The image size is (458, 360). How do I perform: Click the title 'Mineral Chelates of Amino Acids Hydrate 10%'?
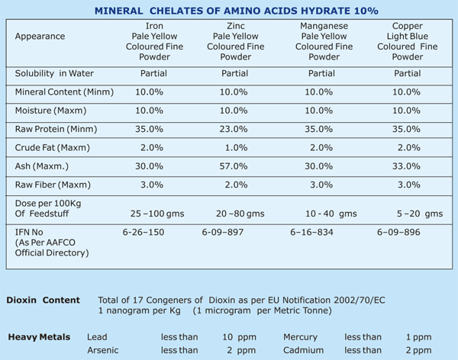pos(231,11)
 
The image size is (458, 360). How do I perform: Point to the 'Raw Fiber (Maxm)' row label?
pos(53,185)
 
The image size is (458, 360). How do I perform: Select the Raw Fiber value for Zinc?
pos(235,185)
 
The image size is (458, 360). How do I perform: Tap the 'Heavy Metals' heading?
pos(39,336)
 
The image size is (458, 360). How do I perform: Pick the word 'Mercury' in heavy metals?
pos(300,336)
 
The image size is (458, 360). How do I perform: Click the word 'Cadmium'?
pos(302,350)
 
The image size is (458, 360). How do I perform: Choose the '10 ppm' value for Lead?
pos(239,336)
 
